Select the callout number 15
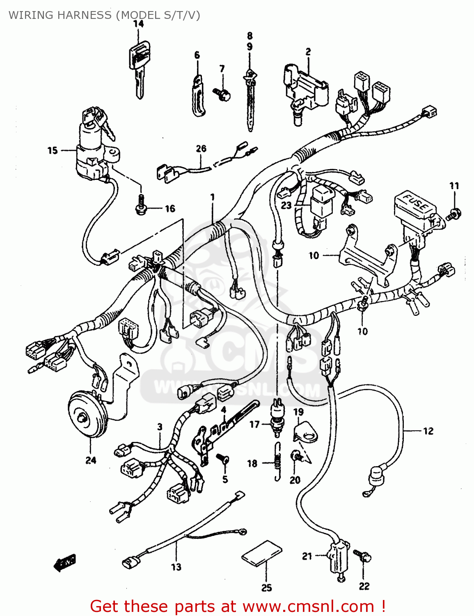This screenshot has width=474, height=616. tap(53, 151)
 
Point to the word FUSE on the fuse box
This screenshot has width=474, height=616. tap(414, 202)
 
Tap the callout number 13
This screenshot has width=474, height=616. tap(176, 567)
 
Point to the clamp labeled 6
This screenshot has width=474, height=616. tap(198, 95)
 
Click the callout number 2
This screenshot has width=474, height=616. tap(308, 52)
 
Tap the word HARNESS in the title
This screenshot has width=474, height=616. tap(84, 15)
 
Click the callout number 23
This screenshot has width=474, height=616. tap(286, 205)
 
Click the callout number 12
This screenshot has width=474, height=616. tap(428, 431)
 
